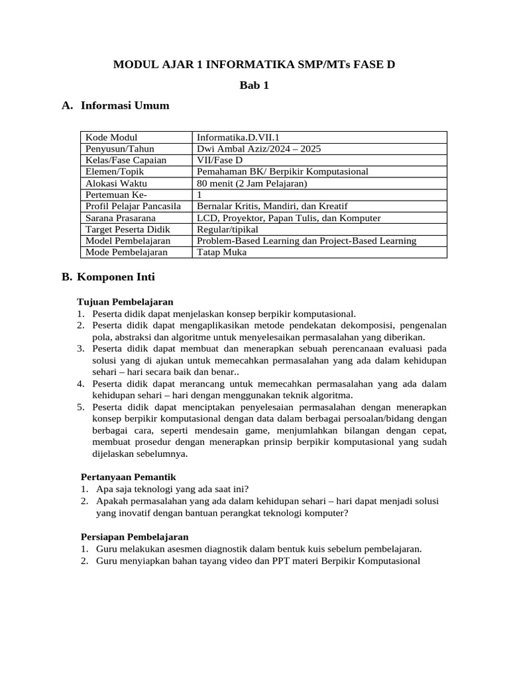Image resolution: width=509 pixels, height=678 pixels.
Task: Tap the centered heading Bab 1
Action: tap(254, 85)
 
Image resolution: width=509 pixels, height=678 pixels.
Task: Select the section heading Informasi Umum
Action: tap(125, 105)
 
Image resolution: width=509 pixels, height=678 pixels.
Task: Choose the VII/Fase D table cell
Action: tap(220, 160)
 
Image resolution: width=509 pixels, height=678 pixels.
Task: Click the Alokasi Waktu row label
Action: tap(117, 183)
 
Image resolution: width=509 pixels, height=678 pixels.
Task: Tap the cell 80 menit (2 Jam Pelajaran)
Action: tap(253, 183)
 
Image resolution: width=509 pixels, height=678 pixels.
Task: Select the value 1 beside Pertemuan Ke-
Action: tap(200, 195)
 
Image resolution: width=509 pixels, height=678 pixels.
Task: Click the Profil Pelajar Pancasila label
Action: tap(133, 206)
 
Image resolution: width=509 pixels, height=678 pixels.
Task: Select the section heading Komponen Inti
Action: tap(116, 277)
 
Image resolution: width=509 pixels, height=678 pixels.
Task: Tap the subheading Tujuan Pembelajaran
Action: tap(125, 301)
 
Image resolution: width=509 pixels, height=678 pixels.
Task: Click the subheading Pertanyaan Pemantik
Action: tap(128, 477)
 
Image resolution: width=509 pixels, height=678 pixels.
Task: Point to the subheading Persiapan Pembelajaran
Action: tap(135, 536)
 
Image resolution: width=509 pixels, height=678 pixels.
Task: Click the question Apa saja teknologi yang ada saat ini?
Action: tap(172, 489)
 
